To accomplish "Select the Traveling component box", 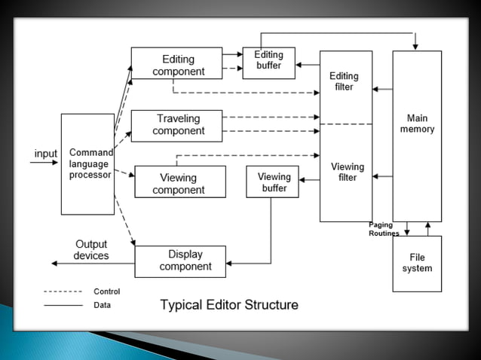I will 176,125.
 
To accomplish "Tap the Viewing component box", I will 179,182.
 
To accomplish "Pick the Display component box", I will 179,261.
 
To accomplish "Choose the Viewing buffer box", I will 272,182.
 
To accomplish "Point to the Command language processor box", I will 87,164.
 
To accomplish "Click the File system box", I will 417,263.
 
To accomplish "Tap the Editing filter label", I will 344,81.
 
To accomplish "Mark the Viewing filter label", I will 347,172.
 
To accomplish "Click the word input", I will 45,154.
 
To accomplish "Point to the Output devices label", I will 90,250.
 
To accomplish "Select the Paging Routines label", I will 384,229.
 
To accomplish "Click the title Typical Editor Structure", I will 229,305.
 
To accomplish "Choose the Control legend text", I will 106,291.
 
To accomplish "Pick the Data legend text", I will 102,306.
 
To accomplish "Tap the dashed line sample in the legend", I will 63,291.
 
